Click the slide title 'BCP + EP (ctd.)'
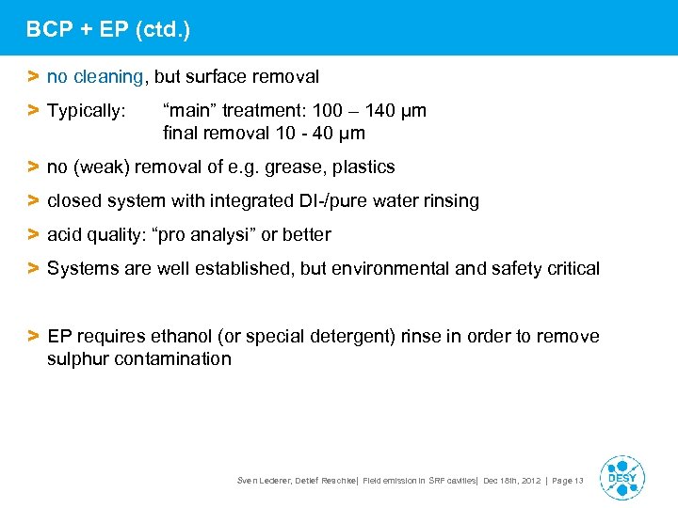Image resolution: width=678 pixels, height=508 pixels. coord(108,29)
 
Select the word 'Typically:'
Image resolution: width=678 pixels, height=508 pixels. coord(86,111)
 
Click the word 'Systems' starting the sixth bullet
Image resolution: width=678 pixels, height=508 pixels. coord(86,269)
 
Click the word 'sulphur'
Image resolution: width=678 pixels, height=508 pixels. coord(79,359)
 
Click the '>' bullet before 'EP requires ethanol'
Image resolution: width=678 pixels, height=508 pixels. coord(33,337)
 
